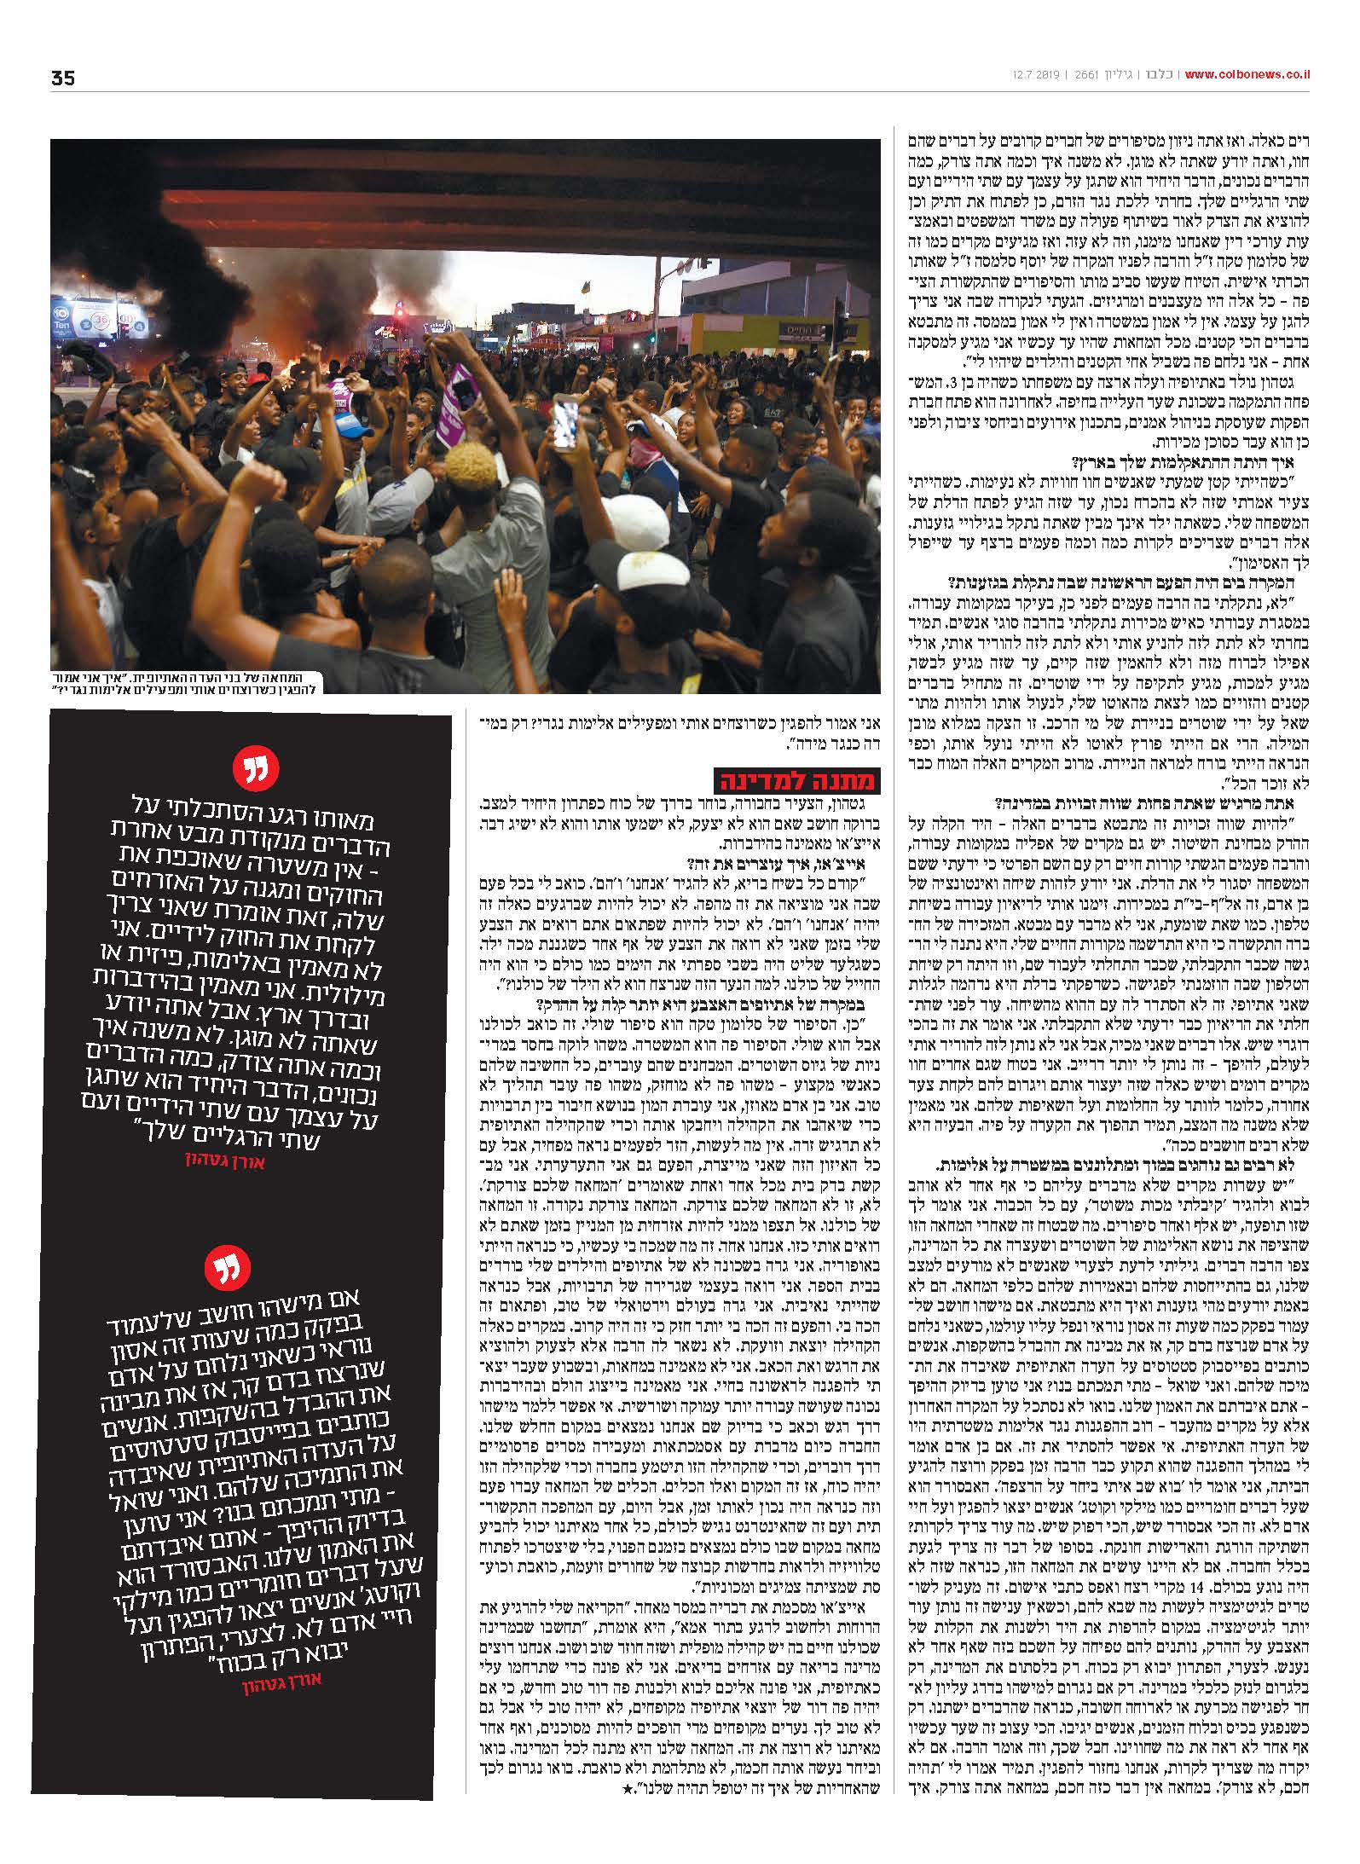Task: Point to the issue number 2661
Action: (x=1079, y=75)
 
